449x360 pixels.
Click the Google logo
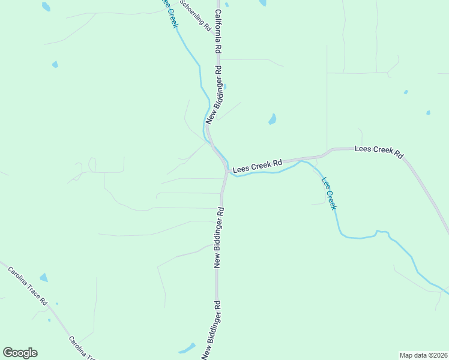[20, 352]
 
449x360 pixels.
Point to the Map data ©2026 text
[423, 355]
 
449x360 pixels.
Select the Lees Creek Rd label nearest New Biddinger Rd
[258, 166]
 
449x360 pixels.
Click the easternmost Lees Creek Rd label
[379, 151]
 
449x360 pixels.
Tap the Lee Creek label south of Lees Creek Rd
[330, 193]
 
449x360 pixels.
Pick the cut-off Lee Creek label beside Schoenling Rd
[169, 11]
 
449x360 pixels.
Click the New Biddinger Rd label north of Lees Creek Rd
[214, 95]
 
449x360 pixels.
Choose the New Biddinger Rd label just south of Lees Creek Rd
[219, 237]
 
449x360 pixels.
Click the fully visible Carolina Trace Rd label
[28, 286]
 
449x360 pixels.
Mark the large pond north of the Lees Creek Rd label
[272, 119]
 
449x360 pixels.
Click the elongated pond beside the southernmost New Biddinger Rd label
[187, 348]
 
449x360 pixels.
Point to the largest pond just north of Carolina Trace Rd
[43, 277]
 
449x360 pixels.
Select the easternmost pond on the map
[428, 112]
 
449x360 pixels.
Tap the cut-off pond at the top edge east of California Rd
[262, 3]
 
